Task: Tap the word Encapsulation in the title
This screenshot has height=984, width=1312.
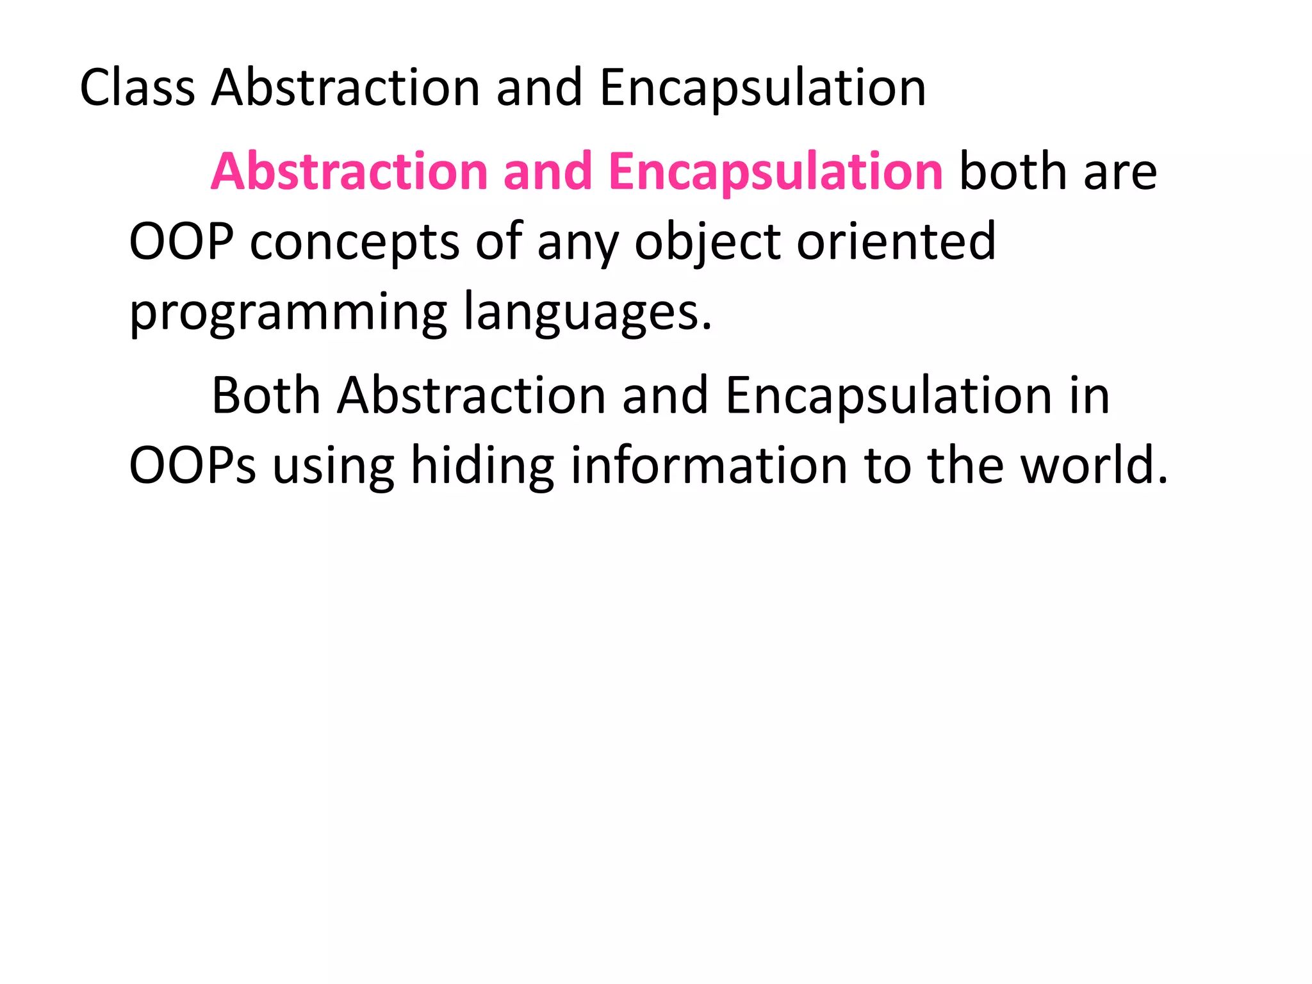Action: pos(762,88)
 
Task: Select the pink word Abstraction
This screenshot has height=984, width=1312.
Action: pos(350,172)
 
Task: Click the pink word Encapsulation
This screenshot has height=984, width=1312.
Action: pos(776,172)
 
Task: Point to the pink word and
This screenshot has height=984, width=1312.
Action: pos(547,172)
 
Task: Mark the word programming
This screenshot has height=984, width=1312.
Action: pos(288,312)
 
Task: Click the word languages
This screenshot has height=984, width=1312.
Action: pos(587,312)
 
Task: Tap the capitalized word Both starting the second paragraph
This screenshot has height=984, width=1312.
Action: pos(266,395)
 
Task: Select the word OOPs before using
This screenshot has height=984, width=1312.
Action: pos(193,465)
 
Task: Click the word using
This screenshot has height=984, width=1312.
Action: pos(333,465)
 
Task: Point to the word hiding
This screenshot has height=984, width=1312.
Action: pos(482,465)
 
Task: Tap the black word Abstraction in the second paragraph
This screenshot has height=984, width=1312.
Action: pos(472,395)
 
